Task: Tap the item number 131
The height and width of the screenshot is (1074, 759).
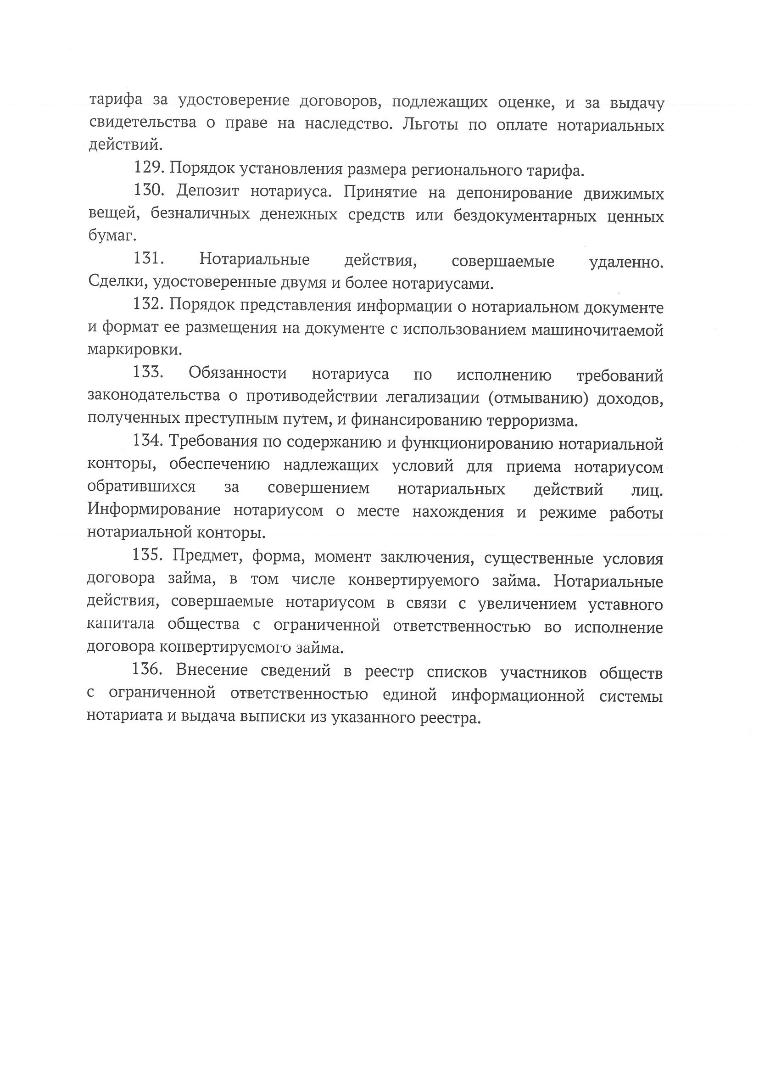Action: click(148, 259)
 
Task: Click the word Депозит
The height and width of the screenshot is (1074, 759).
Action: click(208, 191)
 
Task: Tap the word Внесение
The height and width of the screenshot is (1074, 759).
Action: click(212, 671)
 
